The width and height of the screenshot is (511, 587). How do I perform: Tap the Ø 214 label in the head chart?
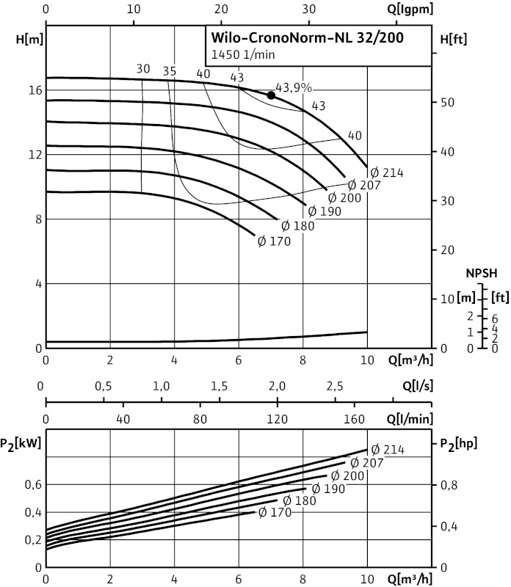pyautogui.click(x=386, y=172)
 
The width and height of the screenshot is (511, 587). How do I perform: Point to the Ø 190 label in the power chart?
pyautogui.click(x=327, y=489)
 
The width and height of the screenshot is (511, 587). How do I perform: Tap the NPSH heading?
pyautogui.click(x=482, y=273)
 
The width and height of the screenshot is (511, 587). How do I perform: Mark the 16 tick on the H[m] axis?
pyautogui.click(x=35, y=90)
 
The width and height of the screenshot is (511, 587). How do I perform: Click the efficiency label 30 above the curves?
pyautogui.click(x=142, y=70)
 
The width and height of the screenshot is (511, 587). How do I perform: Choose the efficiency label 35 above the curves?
pyautogui.click(x=170, y=71)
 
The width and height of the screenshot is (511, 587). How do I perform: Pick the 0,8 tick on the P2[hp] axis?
pyautogui.click(x=450, y=484)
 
